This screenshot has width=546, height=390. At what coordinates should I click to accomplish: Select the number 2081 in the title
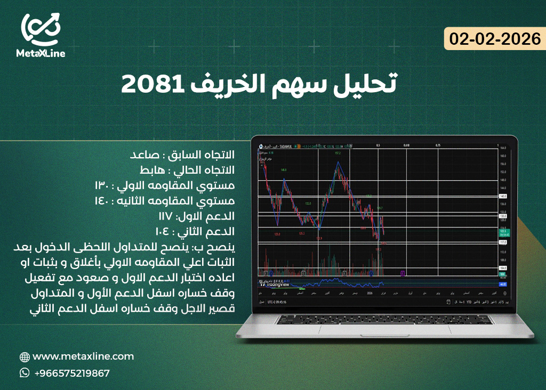pos(150,84)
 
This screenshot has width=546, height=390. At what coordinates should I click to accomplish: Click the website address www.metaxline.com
pos(83,356)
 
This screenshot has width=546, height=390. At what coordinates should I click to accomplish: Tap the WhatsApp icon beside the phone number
pos(25,373)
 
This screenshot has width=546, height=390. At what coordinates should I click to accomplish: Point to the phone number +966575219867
pos(71,373)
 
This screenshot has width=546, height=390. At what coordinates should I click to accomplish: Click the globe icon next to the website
pos(25,357)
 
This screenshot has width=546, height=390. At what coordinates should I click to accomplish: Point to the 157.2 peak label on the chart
pos(337,153)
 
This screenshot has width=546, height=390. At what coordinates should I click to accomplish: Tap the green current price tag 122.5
pos(502,230)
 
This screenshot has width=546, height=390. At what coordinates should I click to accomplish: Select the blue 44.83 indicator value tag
pos(502,284)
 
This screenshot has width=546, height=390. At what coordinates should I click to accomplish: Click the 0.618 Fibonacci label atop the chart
pos(406,145)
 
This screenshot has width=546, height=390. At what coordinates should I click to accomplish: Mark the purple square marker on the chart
pos(403,273)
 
